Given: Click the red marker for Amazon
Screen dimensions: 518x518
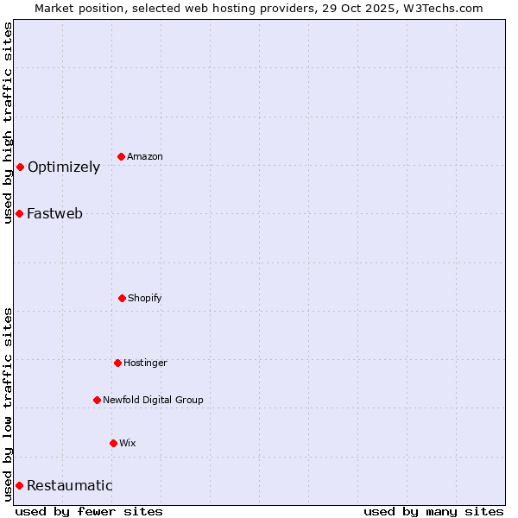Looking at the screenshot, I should point(121,156).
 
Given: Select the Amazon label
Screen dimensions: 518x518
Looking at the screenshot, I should point(145,156).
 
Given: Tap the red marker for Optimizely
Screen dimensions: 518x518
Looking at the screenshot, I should point(20,167).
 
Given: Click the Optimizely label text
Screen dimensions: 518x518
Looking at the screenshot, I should point(64,167).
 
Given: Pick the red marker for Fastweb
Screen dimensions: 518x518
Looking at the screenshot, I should point(19,213).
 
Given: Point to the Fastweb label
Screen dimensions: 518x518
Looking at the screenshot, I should point(54,214).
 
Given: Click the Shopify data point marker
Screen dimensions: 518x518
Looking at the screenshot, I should point(122,298).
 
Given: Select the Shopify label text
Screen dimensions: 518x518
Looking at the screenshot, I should point(145,298).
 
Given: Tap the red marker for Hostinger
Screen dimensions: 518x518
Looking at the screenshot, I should point(117,363).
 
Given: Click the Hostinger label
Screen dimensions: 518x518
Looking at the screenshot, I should point(145,363).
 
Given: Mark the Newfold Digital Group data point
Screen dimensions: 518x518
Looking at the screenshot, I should point(97,400).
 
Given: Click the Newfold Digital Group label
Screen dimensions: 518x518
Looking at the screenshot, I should point(153,400).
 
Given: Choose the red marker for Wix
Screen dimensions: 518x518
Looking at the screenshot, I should point(113,443).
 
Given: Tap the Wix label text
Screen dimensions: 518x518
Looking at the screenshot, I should point(128,443).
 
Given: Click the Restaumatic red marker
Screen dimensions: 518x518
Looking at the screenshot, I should point(19,485).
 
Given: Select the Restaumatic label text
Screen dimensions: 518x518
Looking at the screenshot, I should point(69,486).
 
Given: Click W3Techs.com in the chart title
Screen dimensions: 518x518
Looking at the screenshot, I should point(441,8).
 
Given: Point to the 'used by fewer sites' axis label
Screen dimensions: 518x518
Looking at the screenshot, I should point(89,511).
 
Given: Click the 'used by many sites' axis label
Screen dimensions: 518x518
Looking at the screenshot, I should point(433,511).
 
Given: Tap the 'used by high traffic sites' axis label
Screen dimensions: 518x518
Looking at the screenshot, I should point(8,123).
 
